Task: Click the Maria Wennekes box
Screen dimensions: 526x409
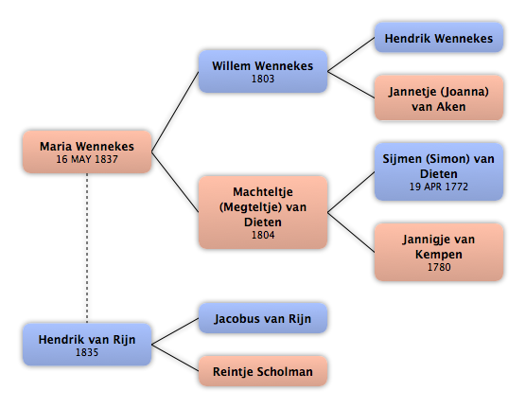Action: [87, 151]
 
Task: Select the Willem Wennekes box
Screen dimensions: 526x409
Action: [263, 71]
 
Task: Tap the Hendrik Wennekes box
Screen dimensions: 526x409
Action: [438, 38]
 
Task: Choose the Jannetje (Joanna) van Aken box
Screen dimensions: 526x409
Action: [438, 98]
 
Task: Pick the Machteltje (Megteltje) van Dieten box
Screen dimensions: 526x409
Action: [263, 212]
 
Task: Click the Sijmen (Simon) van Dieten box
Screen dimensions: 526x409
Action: [438, 171]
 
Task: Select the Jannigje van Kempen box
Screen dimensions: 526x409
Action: [438, 252]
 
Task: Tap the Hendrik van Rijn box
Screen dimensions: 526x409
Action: [87, 345]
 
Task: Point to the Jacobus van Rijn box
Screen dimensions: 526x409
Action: [263, 318]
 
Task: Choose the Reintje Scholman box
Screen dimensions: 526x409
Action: [263, 371]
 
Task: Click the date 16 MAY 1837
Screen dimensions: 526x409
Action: [87, 159]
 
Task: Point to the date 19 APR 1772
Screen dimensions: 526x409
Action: [438, 187]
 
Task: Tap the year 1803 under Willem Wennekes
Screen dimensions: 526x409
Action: [263, 79]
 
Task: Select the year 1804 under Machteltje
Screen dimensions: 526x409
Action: [263, 235]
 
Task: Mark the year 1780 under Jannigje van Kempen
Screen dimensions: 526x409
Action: [439, 267]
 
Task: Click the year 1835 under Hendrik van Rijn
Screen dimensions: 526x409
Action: [87, 352]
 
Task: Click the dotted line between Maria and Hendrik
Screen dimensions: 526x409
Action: [87, 248]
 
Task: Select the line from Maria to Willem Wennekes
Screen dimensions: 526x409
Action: [175, 112]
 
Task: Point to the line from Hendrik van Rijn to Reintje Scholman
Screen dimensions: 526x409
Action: [175, 358]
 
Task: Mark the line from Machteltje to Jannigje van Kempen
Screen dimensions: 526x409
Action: [351, 232]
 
